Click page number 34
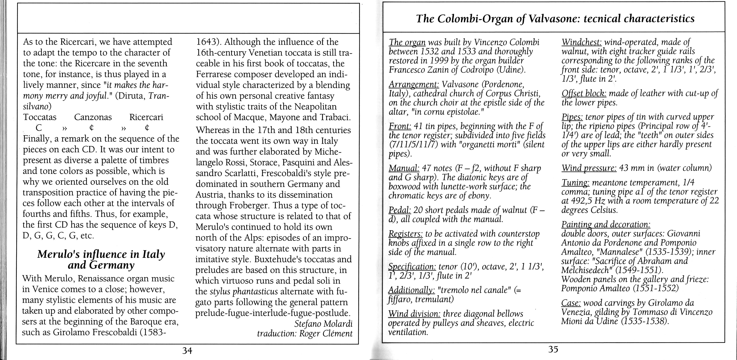(x=187, y=350)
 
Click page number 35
(x=553, y=349)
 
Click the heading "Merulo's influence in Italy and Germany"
(x=101, y=260)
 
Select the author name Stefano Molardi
(x=323, y=324)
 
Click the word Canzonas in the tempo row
(x=93, y=117)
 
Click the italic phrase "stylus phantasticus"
(x=244, y=292)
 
